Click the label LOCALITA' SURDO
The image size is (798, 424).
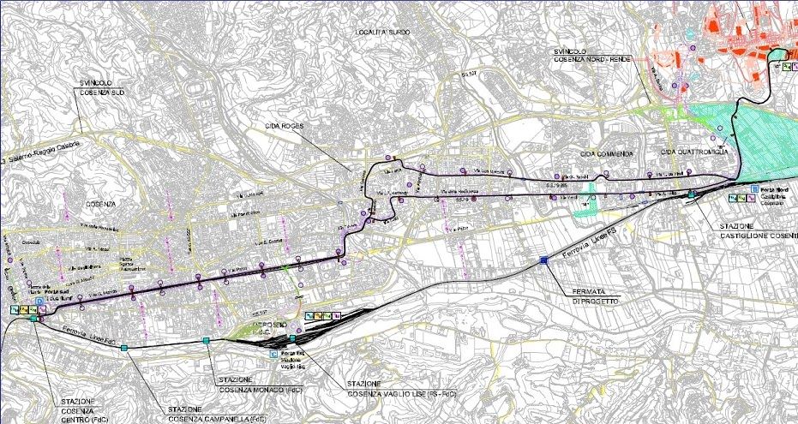tap(383, 32)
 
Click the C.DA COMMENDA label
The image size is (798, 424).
tap(606, 153)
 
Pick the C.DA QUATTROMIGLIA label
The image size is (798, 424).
tap(694, 152)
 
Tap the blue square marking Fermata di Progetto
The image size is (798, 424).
tap(543, 260)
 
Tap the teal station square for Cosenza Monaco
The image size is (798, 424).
tap(207, 342)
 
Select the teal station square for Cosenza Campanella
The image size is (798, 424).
tap(124, 347)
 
